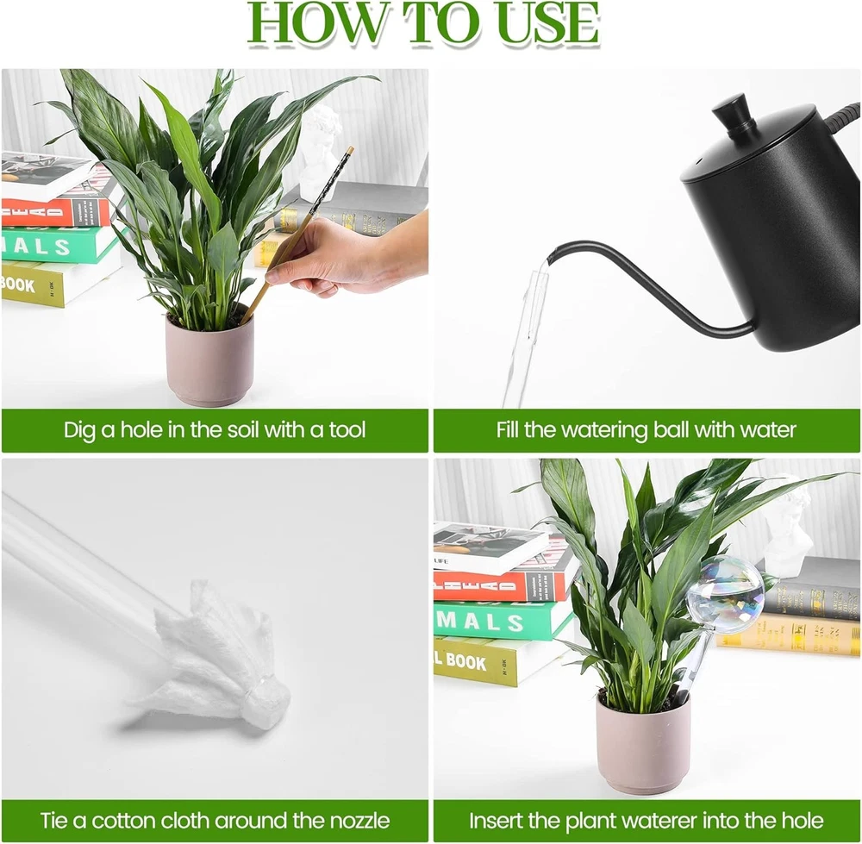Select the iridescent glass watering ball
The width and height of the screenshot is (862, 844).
coord(726,593)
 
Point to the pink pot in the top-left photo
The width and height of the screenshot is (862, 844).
coord(209,359)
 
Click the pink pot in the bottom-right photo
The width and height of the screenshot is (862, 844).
coord(643,742)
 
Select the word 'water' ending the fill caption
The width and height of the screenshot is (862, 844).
coord(768,430)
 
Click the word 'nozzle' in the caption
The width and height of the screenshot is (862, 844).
coord(360,821)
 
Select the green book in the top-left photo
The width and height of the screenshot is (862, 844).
coord(60,244)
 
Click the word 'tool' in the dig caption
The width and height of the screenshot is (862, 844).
coord(347,429)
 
